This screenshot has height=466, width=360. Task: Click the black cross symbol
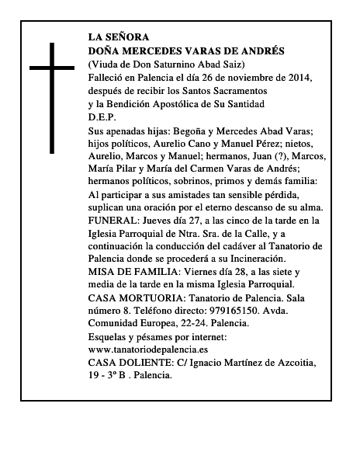click(x=54, y=97)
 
